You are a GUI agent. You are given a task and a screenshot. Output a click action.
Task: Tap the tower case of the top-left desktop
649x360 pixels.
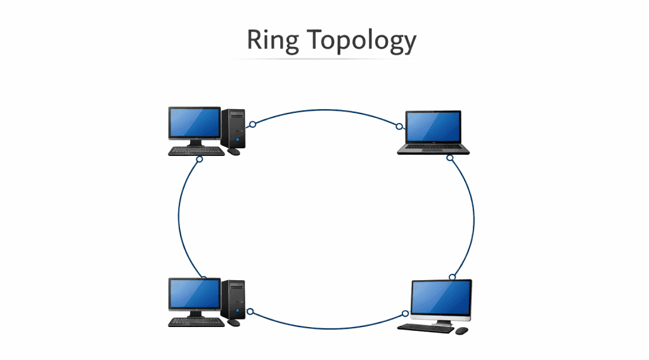pos(233,127)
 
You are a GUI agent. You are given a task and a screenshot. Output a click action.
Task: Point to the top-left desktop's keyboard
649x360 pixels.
pos(196,151)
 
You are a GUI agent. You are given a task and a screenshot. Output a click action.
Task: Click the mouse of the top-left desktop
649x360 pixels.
pos(234,151)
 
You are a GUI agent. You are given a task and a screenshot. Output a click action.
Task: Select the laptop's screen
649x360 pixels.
pos(434,127)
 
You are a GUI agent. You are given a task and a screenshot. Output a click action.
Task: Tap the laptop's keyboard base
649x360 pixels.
pos(434,149)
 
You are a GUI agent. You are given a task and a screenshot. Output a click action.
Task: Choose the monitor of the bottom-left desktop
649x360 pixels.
pos(194,294)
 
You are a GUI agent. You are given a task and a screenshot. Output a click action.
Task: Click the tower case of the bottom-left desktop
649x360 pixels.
pos(233,299)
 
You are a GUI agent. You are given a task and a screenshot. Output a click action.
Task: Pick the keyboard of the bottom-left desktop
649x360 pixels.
pos(196,322)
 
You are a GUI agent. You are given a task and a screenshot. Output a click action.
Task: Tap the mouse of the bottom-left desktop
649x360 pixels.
pos(234,322)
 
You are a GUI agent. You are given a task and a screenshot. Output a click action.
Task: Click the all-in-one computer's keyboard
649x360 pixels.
pos(425,328)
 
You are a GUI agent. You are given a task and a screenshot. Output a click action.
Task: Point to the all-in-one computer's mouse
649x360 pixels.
pos(461,331)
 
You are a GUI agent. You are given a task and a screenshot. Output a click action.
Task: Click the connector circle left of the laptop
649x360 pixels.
pos(399,126)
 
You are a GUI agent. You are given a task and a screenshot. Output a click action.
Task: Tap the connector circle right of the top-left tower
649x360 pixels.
pos(252,124)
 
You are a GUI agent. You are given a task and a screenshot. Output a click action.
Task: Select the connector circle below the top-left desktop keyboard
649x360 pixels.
pos(200,159)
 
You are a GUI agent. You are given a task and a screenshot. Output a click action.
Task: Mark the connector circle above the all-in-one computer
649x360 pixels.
pos(452,277)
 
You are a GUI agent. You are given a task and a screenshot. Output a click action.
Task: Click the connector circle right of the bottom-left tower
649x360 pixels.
pos(250,311)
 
